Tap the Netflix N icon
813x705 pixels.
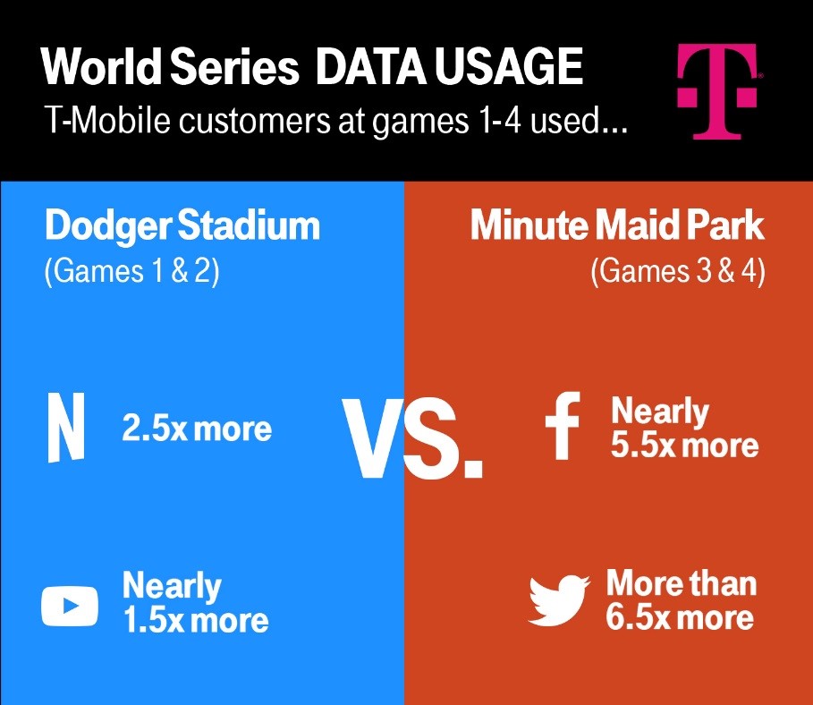click(65, 429)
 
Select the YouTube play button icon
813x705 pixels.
click(70, 606)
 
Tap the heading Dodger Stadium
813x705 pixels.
click(182, 226)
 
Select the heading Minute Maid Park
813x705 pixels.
click(617, 226)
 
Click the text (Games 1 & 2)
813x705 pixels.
click(131, 271)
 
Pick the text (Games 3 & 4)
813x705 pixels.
click(677, 271)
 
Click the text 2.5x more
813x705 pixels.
click(197, 429)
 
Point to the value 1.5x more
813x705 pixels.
click(195, 620)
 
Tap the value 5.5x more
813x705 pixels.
click(684, 445)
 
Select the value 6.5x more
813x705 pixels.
click(680, 617)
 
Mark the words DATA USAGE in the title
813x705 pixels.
click(450, 67)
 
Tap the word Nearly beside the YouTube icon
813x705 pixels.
click(171, 586)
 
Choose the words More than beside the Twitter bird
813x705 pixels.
click(682, 583)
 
